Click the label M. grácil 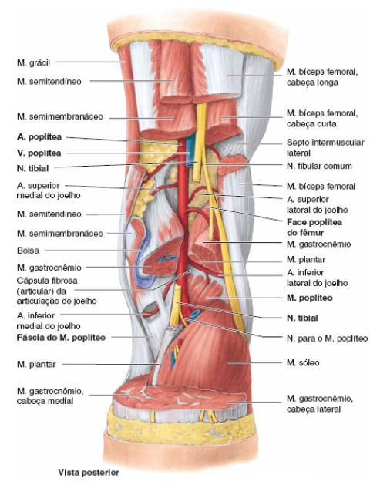tap(33, 62)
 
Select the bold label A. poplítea tap(39, 137)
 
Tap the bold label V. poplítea tap(39, 153)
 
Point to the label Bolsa tap(29, 251)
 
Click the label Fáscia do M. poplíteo tap(61, 338)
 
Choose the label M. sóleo tap(303, 362)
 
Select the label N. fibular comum tap(319, 166)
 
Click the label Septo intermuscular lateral tap(325, 147)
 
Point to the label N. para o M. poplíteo tap(328, 338)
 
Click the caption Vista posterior tap(89, 473)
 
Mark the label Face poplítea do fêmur tap(314, 227)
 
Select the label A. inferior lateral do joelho tap(318, 278)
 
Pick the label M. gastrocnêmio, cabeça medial tap(50, 396)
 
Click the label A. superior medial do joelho tap(49, 190)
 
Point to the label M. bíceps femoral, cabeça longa tap(322, 77)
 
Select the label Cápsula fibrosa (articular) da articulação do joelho tap(57, 291)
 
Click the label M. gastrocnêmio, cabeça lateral tap(320, 403)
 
